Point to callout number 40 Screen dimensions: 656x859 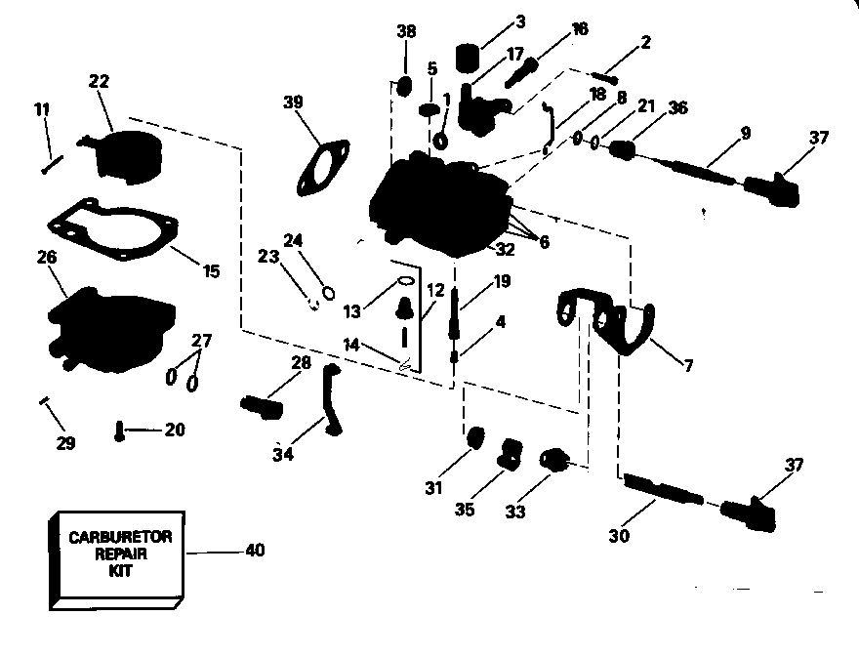[254, 551]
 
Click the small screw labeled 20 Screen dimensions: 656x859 [119, 430]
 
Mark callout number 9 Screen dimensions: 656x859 [745, 133]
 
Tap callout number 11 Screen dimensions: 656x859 [40, 110]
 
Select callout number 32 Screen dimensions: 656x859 [505, 250]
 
